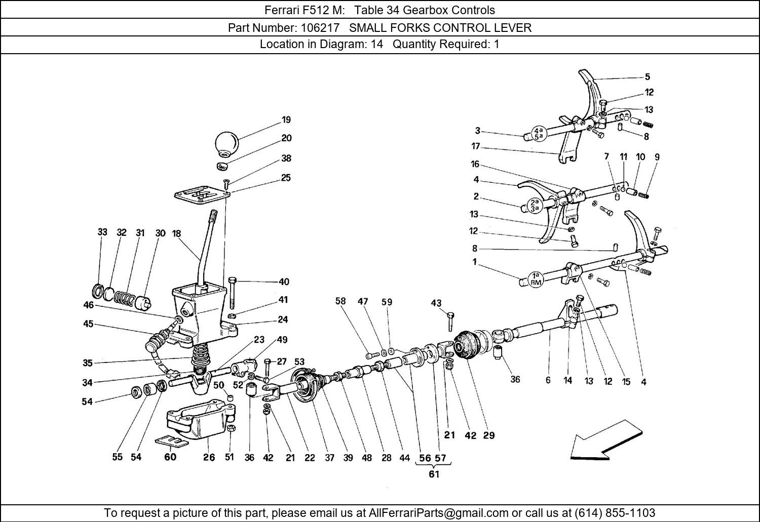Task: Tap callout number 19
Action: click(286, 120)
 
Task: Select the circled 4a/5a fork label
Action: click(537, 133)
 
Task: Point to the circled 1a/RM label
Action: click(536, 279)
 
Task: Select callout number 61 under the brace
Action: click(434, 474)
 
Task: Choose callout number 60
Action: click(170, 457)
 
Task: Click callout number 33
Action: click(102, 232)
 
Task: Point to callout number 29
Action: click(489, 435)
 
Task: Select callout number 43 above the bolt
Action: click(436, 303)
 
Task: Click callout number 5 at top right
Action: click(648, 77)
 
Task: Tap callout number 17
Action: click(475, 147)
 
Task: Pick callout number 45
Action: click(89, 324)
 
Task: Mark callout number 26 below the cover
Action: click(209, 457)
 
